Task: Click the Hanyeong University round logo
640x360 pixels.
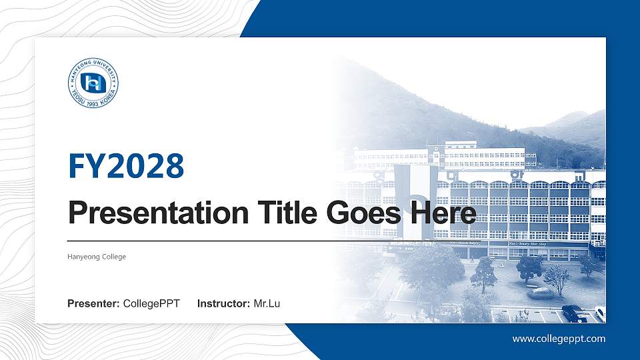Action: coord(93,83)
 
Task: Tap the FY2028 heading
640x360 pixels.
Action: coord(126,166)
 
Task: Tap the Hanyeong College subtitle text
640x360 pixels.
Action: coord(97,257)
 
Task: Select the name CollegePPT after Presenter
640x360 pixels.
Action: coord(151,304)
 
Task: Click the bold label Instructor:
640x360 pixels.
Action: coord(224,304)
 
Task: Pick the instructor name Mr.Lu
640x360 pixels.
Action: coord(267,304)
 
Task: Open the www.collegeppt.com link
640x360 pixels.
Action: coord(559,339)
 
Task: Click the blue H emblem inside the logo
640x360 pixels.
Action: coord(93,83)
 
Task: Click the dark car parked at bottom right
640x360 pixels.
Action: coord(573,313)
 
